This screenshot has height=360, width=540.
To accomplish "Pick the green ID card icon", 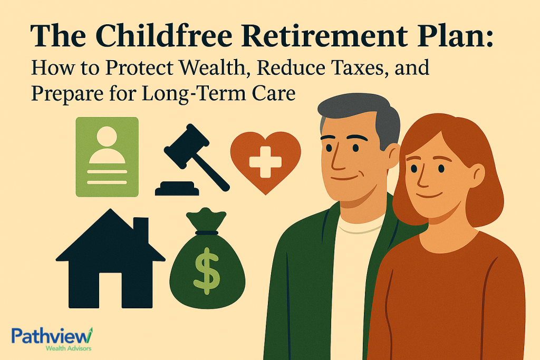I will click(x=107, y=157).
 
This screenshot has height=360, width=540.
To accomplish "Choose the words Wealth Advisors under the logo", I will click(x=66, y=348).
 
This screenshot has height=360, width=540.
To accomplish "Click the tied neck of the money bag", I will click(x=207, y=232).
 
